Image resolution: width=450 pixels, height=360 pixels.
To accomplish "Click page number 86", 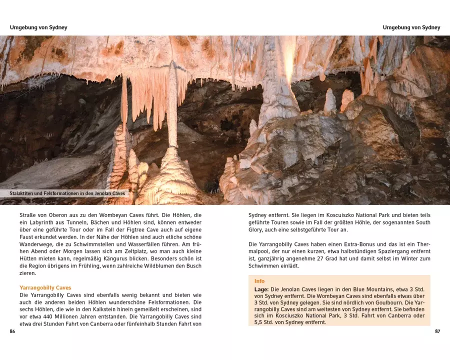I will tap(12, 331).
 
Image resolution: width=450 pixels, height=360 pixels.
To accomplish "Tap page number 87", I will tap(437, 331).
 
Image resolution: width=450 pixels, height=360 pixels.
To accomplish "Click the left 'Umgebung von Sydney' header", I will tap(38, 27).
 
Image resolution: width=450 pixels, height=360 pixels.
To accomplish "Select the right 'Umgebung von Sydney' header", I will tap(411, 27).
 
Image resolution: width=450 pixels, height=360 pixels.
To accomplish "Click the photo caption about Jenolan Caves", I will tap(69, 193).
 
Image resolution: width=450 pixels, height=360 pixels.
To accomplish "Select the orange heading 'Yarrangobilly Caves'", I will tap(45, 288).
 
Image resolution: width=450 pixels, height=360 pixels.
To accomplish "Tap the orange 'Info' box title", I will tap(259, 281).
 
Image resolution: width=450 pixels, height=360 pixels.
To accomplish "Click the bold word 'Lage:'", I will tap(261, 289).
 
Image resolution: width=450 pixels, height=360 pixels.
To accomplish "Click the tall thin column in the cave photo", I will tap(172, 107).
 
